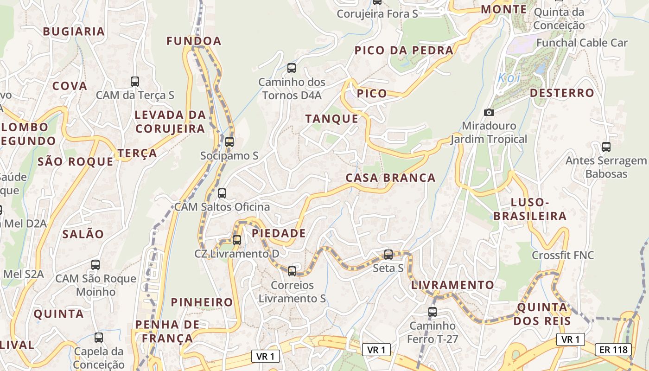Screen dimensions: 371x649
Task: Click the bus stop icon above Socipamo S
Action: [x=229, y=142]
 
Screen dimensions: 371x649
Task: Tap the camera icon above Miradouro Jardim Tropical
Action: [x=489, y=112]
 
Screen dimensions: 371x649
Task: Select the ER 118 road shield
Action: [x=613, y=349]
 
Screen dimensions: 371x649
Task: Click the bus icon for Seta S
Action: [x=388, y=255]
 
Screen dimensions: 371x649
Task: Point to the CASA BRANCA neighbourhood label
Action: [x=390, y=178]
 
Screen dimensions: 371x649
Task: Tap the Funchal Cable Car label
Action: [x=582, y=43]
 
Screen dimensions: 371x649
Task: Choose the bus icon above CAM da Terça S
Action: [x=135, y=82]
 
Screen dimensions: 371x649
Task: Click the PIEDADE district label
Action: [x=279, y=233]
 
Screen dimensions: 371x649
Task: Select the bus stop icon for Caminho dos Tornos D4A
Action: [x=292, y=68]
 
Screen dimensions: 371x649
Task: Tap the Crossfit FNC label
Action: [x=562, y=256]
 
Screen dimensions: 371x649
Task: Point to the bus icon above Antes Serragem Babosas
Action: [x=606, y=147]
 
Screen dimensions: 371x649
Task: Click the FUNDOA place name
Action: [x=194, y=41]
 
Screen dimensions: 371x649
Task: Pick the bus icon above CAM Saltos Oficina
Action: [x=222, y=193]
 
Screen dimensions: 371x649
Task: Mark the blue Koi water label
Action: [x=509, y=78]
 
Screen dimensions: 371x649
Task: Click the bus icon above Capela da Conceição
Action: [x=99, y=338]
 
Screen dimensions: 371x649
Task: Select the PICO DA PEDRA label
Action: [x=403, y=51]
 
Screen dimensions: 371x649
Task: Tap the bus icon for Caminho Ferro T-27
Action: [x=433, y=312]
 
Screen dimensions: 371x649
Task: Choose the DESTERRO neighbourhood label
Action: [x=562, y=93]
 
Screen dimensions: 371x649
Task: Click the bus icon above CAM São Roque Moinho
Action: [x=95, y=265]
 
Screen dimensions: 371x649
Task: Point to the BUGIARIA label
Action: [x=74, y=32]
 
